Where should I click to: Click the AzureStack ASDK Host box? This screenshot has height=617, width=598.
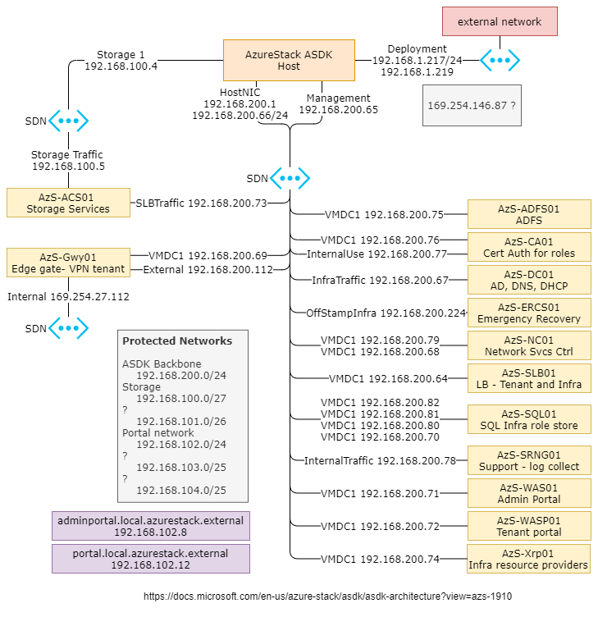[289, 60]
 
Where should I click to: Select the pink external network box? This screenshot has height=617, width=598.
[499, 21]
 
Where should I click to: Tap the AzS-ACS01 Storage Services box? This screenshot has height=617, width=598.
[68, 203]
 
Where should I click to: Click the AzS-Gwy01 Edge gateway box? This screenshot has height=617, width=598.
[68, 263]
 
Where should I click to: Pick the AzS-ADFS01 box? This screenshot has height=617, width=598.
[528, 215]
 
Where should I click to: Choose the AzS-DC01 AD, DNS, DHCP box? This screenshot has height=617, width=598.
[528, 280]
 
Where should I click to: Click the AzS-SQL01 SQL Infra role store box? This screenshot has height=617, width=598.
[528, 419]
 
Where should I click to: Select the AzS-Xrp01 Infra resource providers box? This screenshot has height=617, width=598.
[528, 559]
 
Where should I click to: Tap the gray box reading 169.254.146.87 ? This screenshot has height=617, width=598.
[472, 106]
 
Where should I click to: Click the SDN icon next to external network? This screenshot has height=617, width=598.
[500, 59]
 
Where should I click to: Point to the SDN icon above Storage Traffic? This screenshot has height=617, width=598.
[68, 121]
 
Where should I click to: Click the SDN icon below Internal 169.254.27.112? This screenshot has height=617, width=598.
[68, 328]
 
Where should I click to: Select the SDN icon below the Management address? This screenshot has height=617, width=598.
[290, 178]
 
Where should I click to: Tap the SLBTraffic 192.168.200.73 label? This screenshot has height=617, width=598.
[201, 203]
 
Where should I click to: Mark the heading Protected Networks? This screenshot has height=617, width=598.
[177, 340]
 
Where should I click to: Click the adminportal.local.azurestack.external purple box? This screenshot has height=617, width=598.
[150, 526]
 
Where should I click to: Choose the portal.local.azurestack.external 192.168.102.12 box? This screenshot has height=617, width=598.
[150, 559]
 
